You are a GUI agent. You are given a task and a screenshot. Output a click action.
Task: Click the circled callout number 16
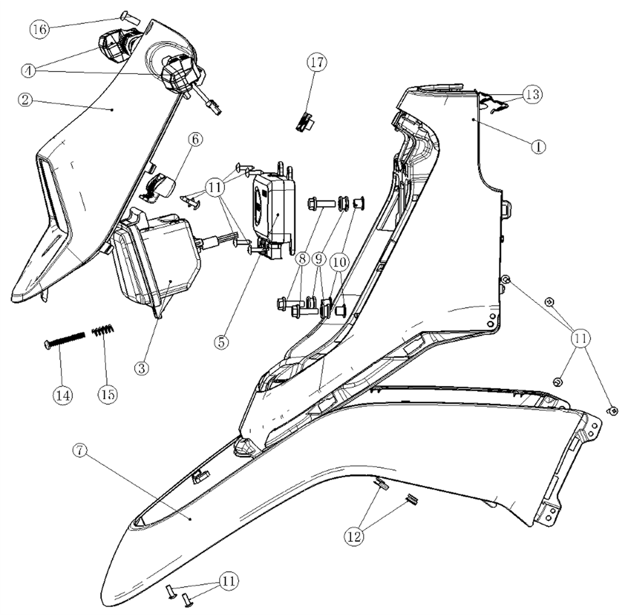[x=39, y=29]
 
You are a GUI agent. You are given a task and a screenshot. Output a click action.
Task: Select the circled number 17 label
[x=317, y=63]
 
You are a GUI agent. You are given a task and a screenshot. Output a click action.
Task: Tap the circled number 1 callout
[x=538, y=147]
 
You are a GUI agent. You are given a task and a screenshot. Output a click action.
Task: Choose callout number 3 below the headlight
[x=141, y=368]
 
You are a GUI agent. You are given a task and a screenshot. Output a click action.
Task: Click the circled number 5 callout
[x=221, y=342]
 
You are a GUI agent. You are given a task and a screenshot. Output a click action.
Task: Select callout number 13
[x=533, y=94]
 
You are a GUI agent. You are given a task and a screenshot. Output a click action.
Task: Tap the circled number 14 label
[x=63, y=395]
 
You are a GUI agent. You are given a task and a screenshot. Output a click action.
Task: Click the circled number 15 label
[x=108, y=395]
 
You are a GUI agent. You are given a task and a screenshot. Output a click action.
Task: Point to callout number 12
[x=354, y=537]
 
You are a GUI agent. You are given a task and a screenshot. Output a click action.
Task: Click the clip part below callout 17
[x=305, y=120]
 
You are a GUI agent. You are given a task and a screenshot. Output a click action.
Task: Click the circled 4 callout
[x=29, y=70]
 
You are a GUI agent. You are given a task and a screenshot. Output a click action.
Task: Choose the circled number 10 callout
[x=340, y=262]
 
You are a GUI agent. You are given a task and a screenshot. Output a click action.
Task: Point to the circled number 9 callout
[x=319, y=259]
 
